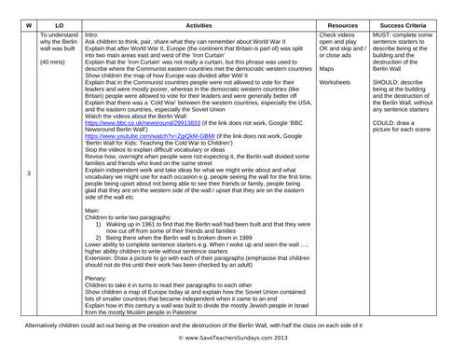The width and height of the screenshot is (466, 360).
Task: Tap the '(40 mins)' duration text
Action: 54,63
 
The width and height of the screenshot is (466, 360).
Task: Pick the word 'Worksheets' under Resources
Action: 362,82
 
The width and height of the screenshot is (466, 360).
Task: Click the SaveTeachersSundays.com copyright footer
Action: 234,349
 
